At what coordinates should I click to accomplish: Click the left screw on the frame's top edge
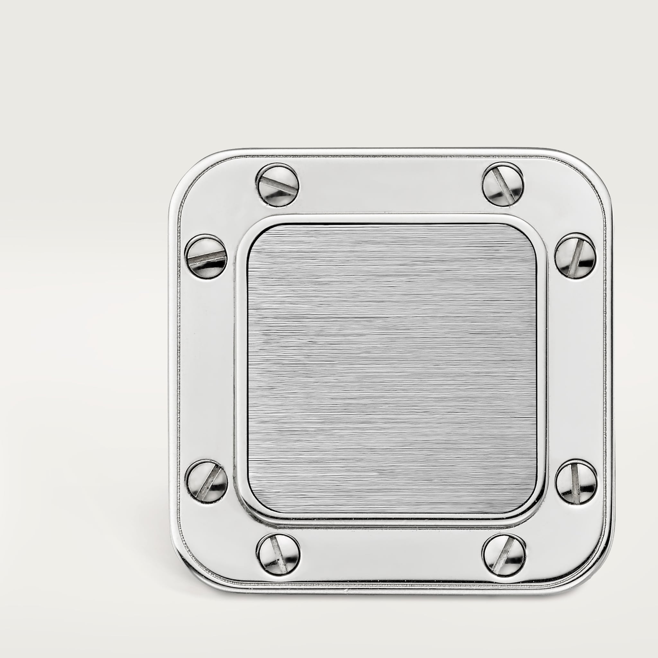[278, 185]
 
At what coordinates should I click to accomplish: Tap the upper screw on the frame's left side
[206, 256]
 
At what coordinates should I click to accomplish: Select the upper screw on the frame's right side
[575, 255]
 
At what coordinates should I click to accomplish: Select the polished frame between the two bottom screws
[391, 554]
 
